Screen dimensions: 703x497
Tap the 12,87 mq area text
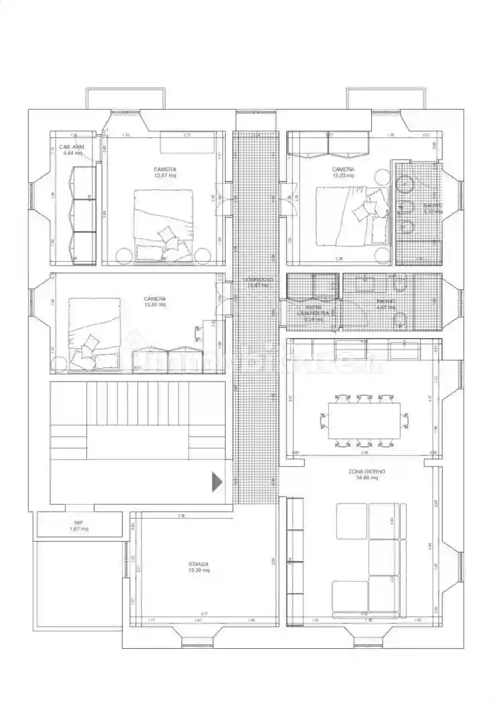tap(165, 175)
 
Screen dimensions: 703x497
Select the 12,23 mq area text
tap(343, 175)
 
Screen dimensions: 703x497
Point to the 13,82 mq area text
tap(155, 305)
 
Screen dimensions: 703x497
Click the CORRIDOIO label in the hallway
tap(257, 279)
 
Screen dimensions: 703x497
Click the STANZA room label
tap(199, 564)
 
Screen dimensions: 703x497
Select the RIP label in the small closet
tap(78, 523)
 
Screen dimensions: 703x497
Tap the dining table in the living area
tap(364, 420)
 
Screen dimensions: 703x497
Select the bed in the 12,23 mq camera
tap(352, 215)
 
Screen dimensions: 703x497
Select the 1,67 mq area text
tap(79, 530)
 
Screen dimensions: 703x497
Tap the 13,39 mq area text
tap(199, 570)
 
